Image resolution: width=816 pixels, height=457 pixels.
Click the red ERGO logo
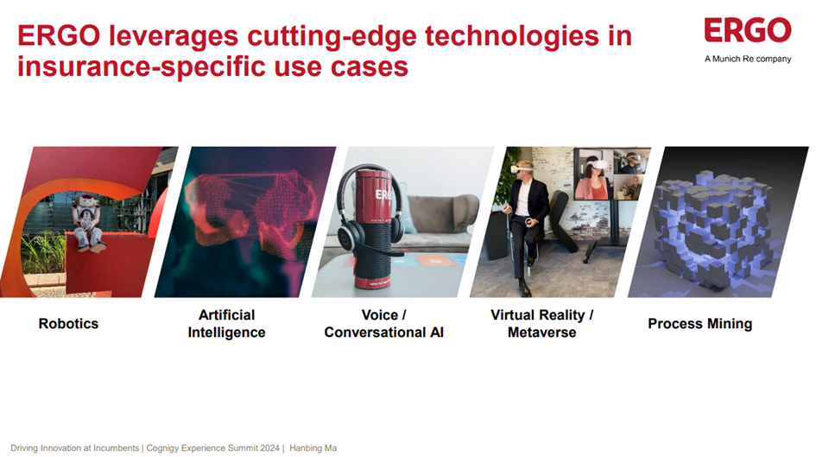coord(747,31)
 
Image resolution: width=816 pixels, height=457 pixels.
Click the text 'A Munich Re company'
coord(748,59)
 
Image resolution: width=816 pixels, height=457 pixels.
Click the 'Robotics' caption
coord(69,324)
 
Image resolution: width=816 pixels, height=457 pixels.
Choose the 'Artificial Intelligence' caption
coord(226,324)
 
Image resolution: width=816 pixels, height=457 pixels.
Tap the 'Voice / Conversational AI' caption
coord(383,324)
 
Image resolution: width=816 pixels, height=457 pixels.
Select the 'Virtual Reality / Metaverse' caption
coord(541,324)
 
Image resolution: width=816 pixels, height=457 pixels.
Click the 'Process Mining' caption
coord(699,324)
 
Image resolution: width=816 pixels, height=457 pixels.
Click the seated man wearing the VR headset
coord(524,220)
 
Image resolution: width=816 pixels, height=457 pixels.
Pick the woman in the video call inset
coord(593,179)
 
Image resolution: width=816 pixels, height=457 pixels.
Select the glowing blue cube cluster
coord(712,225)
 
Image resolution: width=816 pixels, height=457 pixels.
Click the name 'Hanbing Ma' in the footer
coord(313,448)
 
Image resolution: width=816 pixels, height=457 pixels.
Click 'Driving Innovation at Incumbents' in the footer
coord(74,448)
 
